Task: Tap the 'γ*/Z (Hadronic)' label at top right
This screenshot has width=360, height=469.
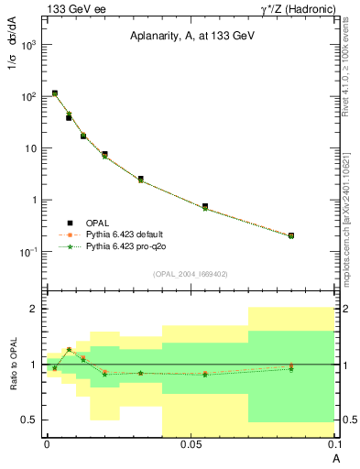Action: pyautogui.click(x=291, y=9)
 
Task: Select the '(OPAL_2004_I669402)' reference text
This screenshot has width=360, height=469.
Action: pyautogui.click(x=190, y=272)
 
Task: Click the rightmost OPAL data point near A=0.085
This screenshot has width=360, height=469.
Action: pyautogui.click(x=290, y=235)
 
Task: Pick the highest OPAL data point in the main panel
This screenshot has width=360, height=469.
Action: pyautogui.click(x=55, y=93)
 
